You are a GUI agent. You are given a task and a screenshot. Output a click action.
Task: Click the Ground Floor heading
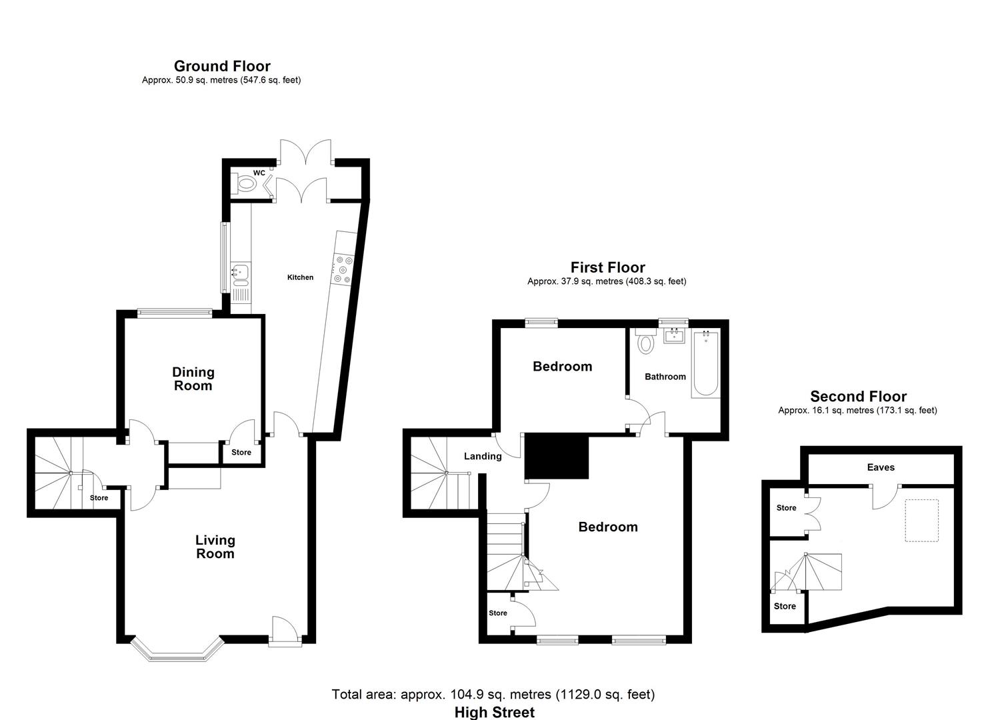point(222,66)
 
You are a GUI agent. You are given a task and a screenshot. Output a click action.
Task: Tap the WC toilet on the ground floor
point(245,183)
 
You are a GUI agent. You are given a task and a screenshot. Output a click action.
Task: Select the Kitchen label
point(300,277)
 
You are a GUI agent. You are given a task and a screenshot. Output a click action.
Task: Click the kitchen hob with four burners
point(343,269)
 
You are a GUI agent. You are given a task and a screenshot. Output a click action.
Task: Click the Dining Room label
point(193,379)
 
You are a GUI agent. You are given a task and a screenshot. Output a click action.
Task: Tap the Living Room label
point(215,547)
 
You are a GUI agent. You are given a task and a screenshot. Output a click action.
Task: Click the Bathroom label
point(665,377)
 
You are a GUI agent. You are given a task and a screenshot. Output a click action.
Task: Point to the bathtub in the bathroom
point(706,363)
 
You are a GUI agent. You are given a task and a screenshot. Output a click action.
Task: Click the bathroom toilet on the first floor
point(646,340)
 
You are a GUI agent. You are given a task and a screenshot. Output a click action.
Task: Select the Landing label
point(483,456)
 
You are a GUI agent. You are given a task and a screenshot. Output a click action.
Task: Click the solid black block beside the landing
point(557,456)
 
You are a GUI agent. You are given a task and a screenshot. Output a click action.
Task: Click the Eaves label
point(881,467)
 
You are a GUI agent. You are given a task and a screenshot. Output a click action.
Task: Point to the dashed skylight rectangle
point(921,520)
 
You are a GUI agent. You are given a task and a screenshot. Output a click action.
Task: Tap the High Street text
point(495,713)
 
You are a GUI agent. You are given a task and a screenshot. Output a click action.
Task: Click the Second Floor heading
point(858,396)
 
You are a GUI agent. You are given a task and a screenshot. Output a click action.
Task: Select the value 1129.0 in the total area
point(579,695)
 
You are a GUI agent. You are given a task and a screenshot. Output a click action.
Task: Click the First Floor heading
point(608,267)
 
